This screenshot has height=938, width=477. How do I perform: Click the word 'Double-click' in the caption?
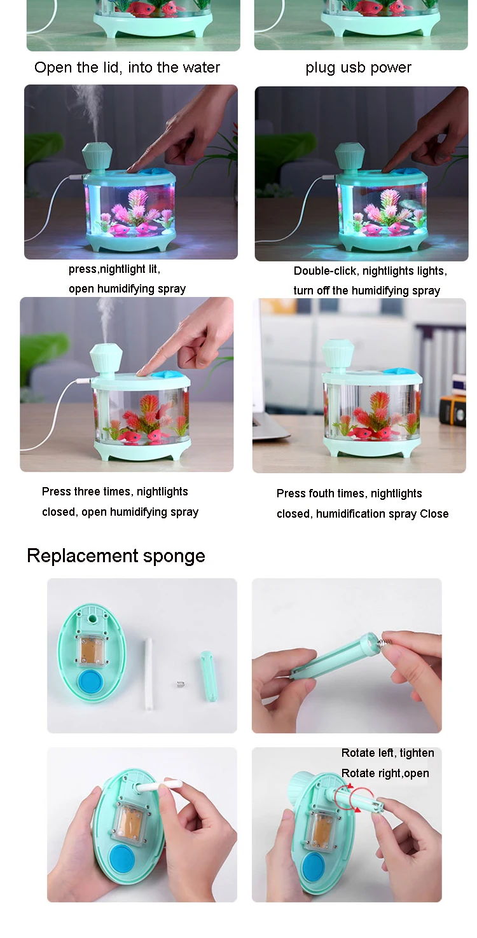pyautogui.click(x=326, y=271)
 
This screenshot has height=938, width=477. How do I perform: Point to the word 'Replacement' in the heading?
pyautogui.click(x=83, y=555)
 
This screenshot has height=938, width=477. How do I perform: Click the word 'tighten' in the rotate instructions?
pyautogui.click(x=417, y=754)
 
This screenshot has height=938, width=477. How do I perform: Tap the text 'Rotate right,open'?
pyautogui.click(x=385, y=773)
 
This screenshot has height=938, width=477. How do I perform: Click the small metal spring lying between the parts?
pyautogui.click(x=179, y=684)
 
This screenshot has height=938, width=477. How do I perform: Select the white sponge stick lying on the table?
pyautogui.click(x=148, y=673)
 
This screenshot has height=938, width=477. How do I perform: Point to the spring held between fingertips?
pyautogui.click(x=386, y=640)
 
